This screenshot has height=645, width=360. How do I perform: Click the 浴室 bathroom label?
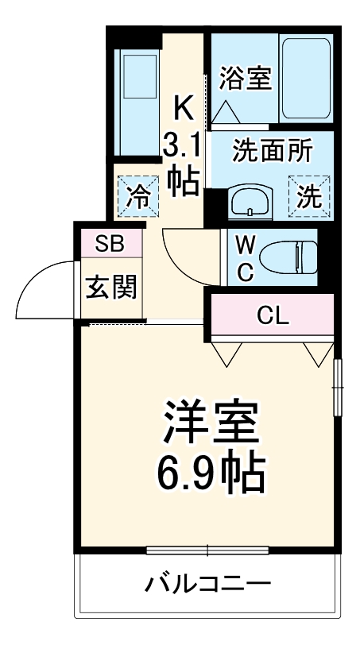point(246,78)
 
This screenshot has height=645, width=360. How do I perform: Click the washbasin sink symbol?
point(250,203)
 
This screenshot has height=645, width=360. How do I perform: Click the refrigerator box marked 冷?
point(137,195)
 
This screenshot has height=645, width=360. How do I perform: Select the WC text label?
point(246,257)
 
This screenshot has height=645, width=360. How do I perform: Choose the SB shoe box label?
point(111,244)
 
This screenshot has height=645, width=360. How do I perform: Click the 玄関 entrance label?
point(111,287)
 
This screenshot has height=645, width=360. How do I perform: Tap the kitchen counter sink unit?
point(137,103)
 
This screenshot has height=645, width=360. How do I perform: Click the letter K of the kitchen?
point(184,105)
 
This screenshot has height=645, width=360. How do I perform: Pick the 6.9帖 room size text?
point(210,475)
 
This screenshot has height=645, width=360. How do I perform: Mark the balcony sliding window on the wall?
point(208,550)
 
